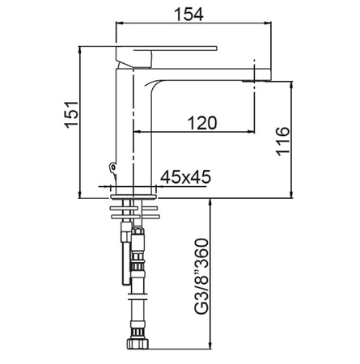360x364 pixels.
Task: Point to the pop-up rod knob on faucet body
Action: pyautogui.click(x=111, y=167)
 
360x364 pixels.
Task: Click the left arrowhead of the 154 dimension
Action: pyautogui.click(x=120, y=23)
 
